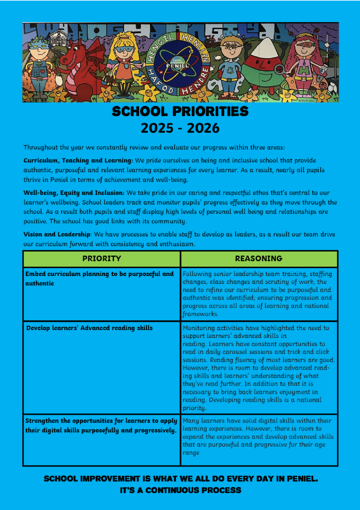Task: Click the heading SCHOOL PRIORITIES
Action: click(180, 112)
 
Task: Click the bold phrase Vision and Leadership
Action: click(57, 234)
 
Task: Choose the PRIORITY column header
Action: click(102, 259)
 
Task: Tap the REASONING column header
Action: click(259, 259)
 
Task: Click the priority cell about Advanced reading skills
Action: click(90, 328)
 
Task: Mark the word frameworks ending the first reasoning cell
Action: click(200, 314)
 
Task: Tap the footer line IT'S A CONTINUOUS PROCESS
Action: click(180, 490)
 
